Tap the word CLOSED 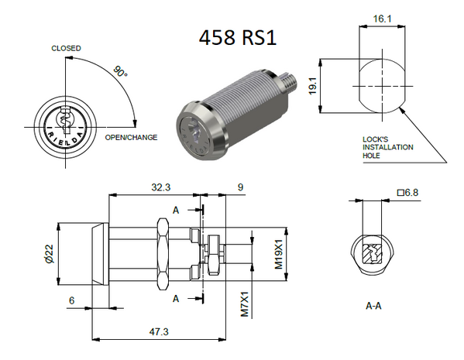coord(66,48)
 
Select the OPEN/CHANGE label coord(131,137)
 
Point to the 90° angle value coord(120,72)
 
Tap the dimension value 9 coord(240,187)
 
